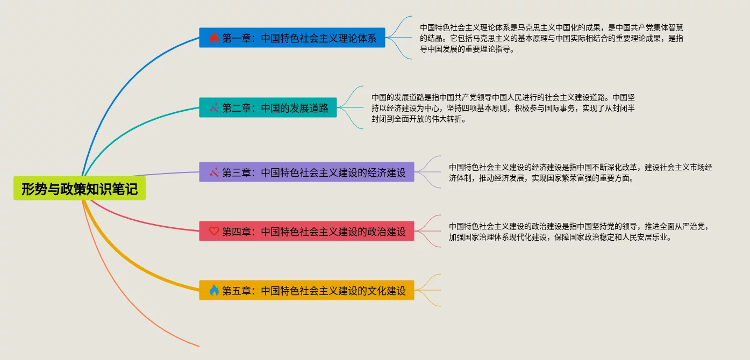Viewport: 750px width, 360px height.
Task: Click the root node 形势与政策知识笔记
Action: click(80, 189)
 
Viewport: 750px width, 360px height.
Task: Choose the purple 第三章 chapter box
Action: click(306, 172)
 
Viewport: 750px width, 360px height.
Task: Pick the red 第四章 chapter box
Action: click(306, 231)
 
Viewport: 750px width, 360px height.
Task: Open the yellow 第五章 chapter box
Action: click(306, 290)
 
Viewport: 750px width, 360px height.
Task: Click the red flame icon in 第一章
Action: click(214, 38)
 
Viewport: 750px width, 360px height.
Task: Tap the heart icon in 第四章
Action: click(214, 231)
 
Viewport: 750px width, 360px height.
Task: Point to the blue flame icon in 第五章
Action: click(214, 290)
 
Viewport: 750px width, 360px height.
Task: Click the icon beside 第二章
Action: click(214, 107)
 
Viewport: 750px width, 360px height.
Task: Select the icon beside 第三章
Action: click(214, 172)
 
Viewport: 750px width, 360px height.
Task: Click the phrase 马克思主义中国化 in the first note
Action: click(545, 27)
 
